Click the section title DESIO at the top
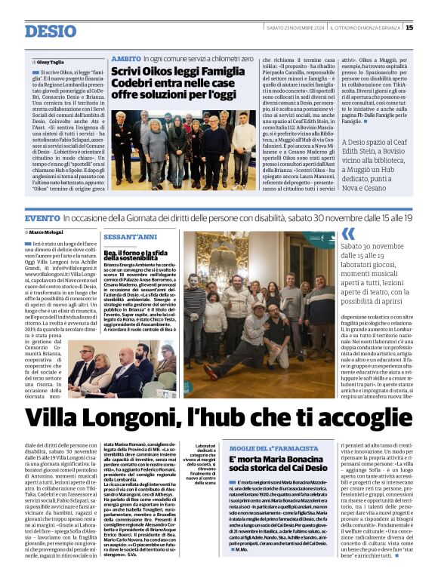click(51, 31)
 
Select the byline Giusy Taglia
click(52, 62)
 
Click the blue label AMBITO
click(125, 58)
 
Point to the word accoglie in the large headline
click(360, 417)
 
